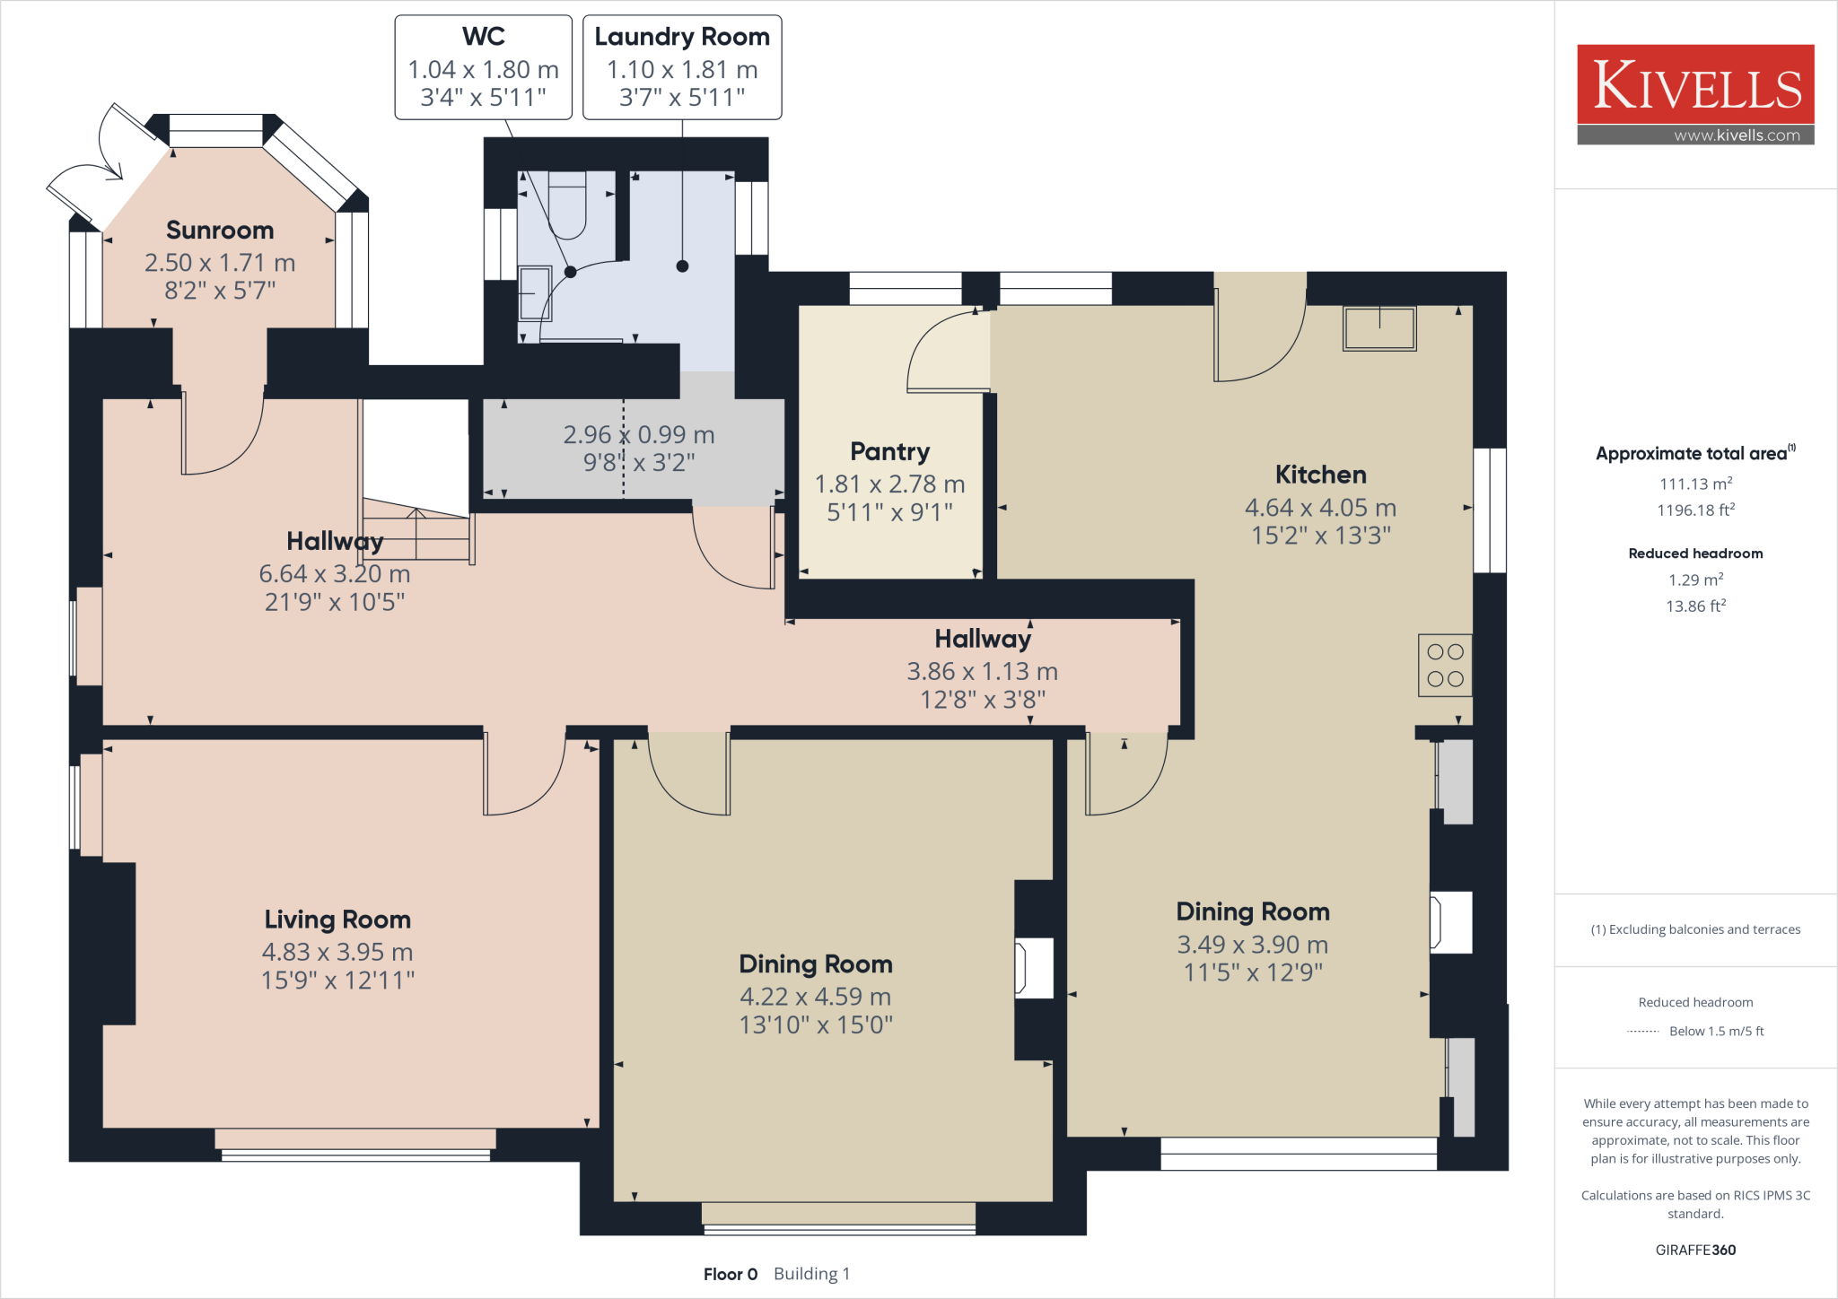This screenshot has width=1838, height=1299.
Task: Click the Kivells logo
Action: pos(1695,94)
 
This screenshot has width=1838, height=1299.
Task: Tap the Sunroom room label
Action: pos(220,231)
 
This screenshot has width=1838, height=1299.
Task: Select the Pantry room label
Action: pos(889,451)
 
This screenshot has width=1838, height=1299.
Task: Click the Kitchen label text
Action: pos(1320,475)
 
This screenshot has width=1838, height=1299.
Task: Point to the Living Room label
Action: pos(337,920)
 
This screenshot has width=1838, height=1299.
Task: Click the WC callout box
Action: pos(484,67)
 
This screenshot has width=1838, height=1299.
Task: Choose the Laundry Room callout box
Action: pos(682,67)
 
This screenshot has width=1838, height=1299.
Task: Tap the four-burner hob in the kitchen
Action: pos(1445,666)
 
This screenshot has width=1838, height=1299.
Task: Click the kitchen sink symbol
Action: pos(1379,327)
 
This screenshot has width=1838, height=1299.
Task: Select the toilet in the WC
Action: pos(565,205)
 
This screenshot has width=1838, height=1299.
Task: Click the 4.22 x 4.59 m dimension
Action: pos(815,997)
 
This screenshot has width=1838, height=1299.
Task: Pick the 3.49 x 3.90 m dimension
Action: pos(1253,945)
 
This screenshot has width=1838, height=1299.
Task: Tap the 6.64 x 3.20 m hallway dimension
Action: pos(335,574)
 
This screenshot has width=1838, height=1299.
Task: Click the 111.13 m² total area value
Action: pos(1695,484)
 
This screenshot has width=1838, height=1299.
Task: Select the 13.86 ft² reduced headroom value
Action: pos(1695,606)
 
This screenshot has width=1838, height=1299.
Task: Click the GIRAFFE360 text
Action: pos(1695,1250)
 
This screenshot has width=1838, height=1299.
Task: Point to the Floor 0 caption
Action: pos(731,1274)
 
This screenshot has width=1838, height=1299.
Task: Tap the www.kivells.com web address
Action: pos(1737,135)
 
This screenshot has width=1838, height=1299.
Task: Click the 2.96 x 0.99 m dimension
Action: pos(639,435)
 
